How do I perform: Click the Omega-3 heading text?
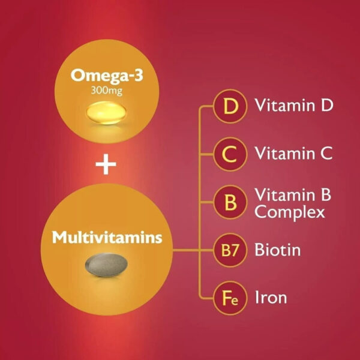pyautogui.click(x=107, y=76)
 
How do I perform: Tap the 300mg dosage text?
pyautogui.click(x=107, y=91)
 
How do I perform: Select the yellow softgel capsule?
pyautogui.click(x=106, y=113)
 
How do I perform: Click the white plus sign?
pyautogui.click(x=106, y=164)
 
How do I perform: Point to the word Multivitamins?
pyautogui.click(x=107, y=237)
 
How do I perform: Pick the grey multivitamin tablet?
pyautogui.click(x=106, y=265)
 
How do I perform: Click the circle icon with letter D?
pyautogui.click(x=230, y=106)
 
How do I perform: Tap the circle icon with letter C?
pyautogui.click(x=230, y=154)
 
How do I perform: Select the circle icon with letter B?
pyautogui.click(x=230, y=202)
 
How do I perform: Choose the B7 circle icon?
pyautogui.click(x=230, y=250)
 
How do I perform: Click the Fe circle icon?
pyautogui.click(x=230, y=298)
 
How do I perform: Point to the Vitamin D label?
pyautogui.click(x=294, y=105)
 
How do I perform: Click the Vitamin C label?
pyautogui.click(x=293, y=153)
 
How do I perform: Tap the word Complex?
pyautogui.click(x=290, y=213)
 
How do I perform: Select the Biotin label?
pyautogui.click(x=278, y=250)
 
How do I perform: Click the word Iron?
pyautogui.click(x=271, y=298)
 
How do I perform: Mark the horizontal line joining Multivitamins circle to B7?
pyautogui.click(x=193, y=250)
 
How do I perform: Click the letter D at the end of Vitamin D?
pyautogui.click(x=327, y=106)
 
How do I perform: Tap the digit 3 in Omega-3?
pyautogui.click(x=138, y=76)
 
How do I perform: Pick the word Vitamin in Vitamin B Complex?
pyautogui.click(x=284, y=194)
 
